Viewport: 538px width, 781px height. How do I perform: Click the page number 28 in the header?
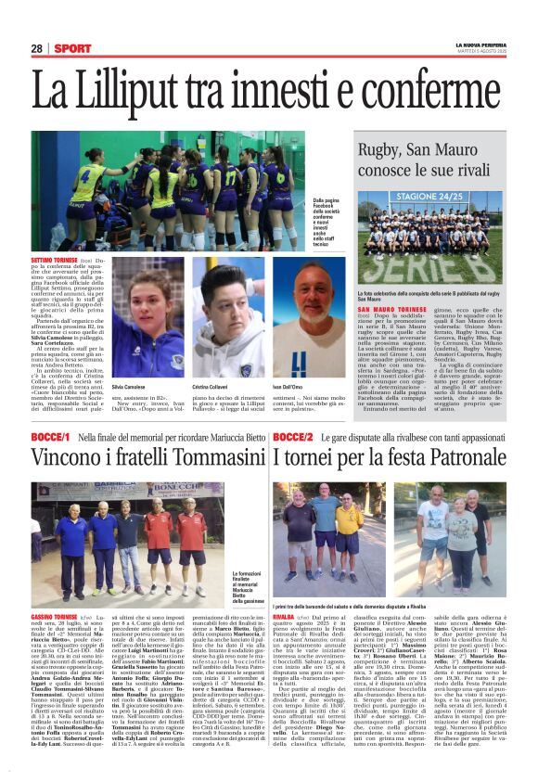click(37, 48)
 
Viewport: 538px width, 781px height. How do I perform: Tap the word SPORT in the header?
click(71, 48)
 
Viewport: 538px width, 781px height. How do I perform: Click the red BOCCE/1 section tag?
click(51, 436)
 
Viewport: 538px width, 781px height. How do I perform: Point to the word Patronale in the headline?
click(452, 458)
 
